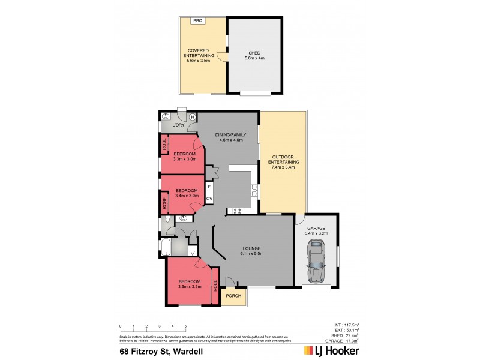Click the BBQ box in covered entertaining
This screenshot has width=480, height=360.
[198, 21]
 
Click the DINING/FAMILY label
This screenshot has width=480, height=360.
[229, 136]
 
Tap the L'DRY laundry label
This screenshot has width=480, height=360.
[178, 125]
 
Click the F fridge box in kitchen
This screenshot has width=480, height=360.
[209, 187]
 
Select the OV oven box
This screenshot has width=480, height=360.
[209, 198]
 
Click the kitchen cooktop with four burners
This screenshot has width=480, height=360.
[235, 210]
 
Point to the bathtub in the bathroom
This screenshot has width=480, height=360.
[166, 247]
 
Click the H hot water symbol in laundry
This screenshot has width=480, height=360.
[192, 118]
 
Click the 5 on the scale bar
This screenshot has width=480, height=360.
[186, 326]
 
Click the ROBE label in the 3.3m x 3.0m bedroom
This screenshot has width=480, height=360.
[164, 145]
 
